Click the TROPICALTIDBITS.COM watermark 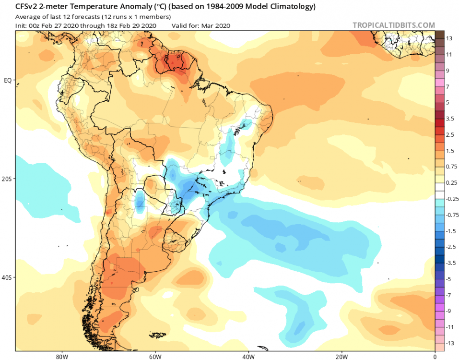pos(393,25)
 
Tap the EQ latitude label pos(8,80)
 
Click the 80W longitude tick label pos(60,357)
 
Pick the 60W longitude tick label pos(154,357)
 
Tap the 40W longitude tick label pos(247,357)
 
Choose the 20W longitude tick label pos(341,357)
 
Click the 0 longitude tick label pos(435,357)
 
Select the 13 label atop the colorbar pos(449,38)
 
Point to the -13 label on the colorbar pos(450,343)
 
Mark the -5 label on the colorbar pos(449,279)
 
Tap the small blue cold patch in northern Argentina pos(140,202)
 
